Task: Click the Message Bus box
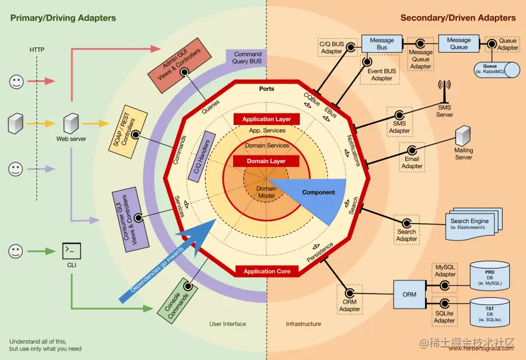tap(382, 44)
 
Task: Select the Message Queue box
tap(458, 44)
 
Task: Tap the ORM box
tap(409, 294)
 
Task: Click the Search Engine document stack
tap(469, 224)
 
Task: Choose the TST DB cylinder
tap(490, 313)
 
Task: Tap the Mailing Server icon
tap(463, 136)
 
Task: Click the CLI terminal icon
tap(72, 250)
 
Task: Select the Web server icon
tap(71, 124)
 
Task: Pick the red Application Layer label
tap(267, 119)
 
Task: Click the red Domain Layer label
tap(267, 161)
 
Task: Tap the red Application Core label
tap(267, 271)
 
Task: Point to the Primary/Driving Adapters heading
tap(63, 18)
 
